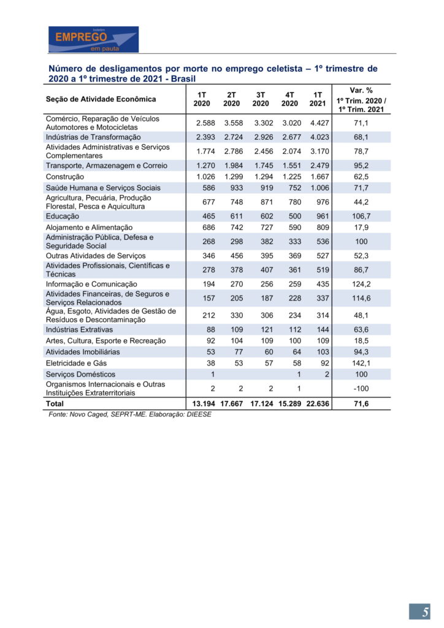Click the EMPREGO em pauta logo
93,39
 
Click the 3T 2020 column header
261,99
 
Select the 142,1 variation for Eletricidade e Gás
361,363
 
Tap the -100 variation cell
361,388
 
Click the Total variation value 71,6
361,404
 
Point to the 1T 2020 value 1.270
205,166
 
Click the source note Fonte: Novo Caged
129,415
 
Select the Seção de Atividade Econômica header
101,99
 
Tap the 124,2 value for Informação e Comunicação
361,285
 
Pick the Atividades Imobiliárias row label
83,352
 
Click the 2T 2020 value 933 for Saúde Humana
234,188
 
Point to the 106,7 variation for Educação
361,216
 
